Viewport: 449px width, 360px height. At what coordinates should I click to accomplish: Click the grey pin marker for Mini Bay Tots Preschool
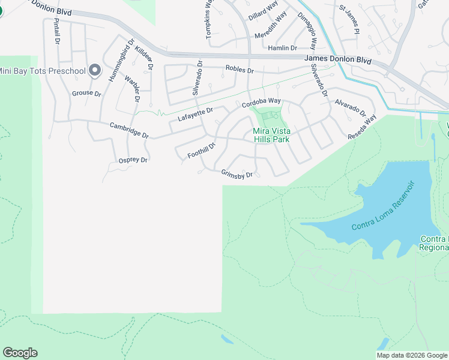tap(94, 71)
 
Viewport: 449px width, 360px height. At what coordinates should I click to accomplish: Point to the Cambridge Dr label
tap(128, 130)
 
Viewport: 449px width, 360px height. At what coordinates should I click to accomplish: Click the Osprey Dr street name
tap(133, 160)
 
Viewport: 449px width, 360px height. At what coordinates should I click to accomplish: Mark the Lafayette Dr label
tap(196, 114)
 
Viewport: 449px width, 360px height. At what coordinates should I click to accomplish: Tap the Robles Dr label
tap(240, 70)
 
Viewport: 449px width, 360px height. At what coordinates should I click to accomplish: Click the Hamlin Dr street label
tap(283, 48)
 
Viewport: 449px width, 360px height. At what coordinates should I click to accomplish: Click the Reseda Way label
tap(362, 128)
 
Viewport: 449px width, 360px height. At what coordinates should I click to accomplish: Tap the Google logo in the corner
tap(20, 353)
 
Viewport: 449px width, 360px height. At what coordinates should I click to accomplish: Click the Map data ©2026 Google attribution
tap(412, 355)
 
